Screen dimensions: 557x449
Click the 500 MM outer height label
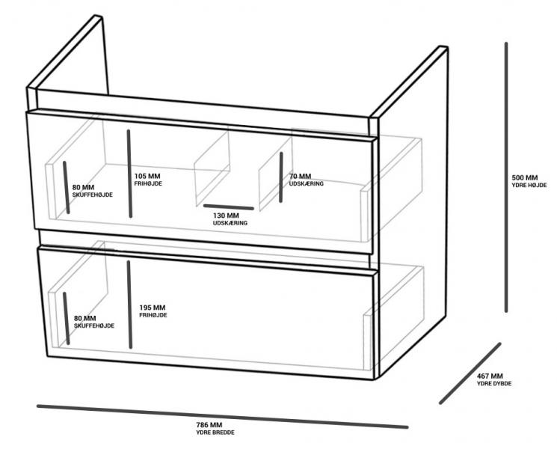coord(525,177)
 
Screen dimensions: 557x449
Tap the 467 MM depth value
coord(490,376)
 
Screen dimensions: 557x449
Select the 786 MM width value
coord(209,425)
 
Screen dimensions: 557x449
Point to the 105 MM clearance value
coord(147,176)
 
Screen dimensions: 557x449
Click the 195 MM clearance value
coord(152,308)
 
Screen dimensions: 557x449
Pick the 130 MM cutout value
coord(226,216)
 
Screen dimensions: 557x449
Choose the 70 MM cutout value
coord(300,176)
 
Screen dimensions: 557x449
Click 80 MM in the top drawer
coord(84,187)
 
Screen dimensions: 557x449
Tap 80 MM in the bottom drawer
coord(85,318)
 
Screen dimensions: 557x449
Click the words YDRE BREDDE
coord(215,433)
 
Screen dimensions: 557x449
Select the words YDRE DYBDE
coord(494,384)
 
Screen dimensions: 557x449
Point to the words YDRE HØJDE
coord(529,186)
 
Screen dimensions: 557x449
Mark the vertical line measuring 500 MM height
coord(506,177)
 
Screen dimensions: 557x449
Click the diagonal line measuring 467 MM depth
coord(470,373)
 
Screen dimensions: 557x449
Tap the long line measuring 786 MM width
coord(222,416)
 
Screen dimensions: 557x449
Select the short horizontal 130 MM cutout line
coord(229,207)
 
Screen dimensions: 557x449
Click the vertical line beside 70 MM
coord(281,177)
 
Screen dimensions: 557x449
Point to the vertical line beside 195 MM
coord(129,305)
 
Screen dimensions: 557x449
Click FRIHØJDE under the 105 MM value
coord(148,184)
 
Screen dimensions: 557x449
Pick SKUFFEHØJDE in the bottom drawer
coord(94,326)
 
